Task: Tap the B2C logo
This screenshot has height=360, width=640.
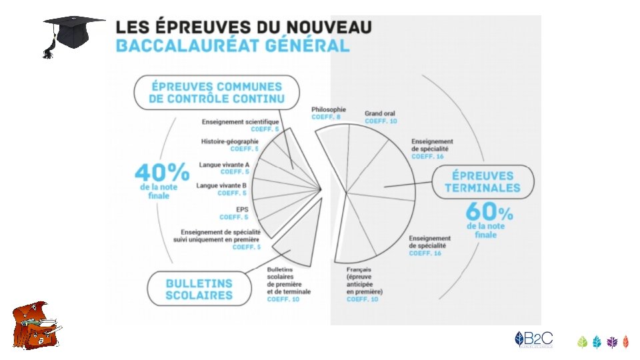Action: (533, 339)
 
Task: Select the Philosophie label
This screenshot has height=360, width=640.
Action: (329, 109)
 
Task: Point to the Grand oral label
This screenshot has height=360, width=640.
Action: (379, 114)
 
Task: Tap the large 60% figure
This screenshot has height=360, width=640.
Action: (489, 213)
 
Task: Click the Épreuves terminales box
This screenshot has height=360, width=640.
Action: (483, 182)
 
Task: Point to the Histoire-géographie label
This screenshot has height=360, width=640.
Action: (229, 141)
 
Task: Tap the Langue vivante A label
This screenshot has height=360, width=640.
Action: (224, 165)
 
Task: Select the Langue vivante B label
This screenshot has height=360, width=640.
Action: (222, 185)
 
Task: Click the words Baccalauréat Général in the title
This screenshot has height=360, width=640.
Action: (232, 45)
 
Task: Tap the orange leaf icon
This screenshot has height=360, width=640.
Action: (625, 342)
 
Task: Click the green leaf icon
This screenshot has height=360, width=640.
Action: (582, 342)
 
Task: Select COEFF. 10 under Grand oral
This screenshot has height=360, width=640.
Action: (381, 121)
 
